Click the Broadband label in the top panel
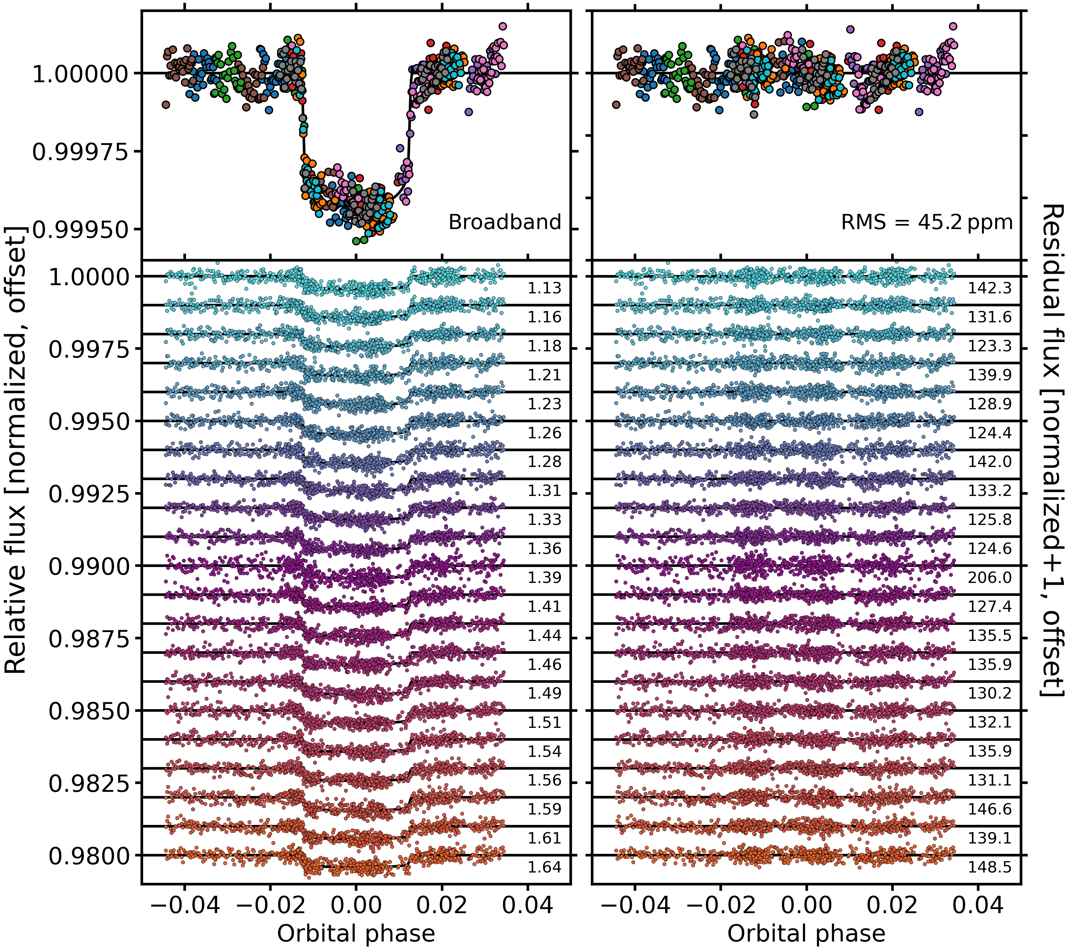click(504, 222)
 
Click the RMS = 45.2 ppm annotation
click(927, 222)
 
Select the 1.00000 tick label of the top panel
click(80, 74)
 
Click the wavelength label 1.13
click(544, 288)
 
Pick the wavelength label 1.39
click(544, 578)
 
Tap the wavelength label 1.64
click(544, 867)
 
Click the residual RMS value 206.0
click(990, 578)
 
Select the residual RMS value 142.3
click(990, 288)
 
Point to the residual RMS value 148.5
click(990, 867)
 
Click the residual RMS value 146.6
click(990, 809)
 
